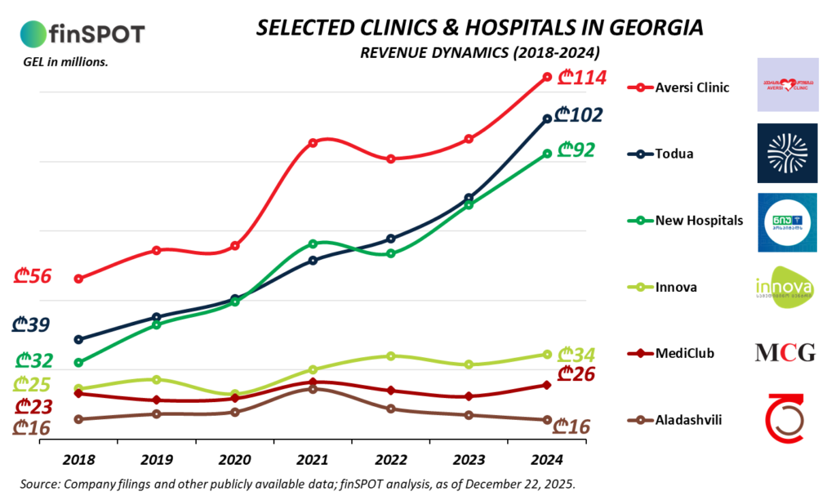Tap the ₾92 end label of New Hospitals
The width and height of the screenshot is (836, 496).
576,150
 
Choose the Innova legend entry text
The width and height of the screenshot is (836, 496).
676,287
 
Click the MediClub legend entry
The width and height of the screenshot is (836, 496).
684,353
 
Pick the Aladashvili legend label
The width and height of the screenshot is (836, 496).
688,420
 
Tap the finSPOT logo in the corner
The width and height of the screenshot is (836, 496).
82,34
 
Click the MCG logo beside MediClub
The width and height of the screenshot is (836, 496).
785,353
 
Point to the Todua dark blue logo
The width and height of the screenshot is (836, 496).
786,153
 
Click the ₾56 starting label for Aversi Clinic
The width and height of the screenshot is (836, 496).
33,276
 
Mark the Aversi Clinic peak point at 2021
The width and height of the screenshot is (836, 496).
313,143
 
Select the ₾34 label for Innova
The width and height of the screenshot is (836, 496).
576,355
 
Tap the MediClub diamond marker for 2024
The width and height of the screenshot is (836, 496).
547,385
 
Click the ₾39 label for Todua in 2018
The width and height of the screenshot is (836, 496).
31,324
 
